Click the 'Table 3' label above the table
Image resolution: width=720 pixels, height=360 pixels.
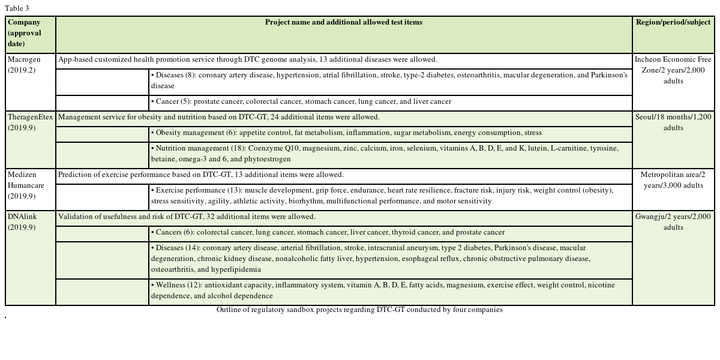[x=17, y=8]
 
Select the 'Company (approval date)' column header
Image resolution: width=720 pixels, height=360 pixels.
[x=25, y=33]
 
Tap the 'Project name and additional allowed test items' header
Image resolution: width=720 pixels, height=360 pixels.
[x=343, y=22]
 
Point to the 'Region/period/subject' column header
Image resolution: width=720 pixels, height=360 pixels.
[x=673, y=22]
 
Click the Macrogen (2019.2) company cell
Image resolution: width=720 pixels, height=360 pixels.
[x=24, y=65]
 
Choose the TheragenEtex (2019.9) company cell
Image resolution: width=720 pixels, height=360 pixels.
[x=30, y=122]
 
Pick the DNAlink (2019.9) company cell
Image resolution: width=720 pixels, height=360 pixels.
[x=22, y=221]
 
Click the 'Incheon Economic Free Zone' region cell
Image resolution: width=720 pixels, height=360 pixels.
[x=673, y=70]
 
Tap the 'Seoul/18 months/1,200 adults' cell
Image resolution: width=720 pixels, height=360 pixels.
[x=673, y=122]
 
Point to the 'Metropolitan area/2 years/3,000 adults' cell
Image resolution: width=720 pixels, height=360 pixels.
[x=673, y=180]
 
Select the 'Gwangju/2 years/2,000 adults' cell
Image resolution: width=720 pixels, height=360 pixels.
[x=673, y=221]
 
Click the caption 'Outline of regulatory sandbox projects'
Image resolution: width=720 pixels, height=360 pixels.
[x=359, y=310]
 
